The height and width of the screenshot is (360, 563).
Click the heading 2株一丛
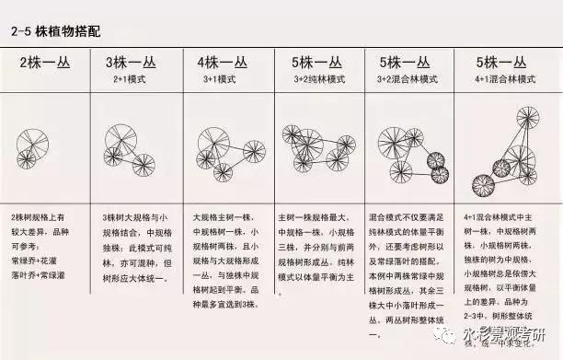pyautogui.click(x=42, y=64)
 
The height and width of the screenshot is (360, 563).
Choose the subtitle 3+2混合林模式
pyautogui.click(x=408, y=80)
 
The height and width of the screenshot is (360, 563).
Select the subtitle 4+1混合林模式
pyautogui.click(x=501, y=80)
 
